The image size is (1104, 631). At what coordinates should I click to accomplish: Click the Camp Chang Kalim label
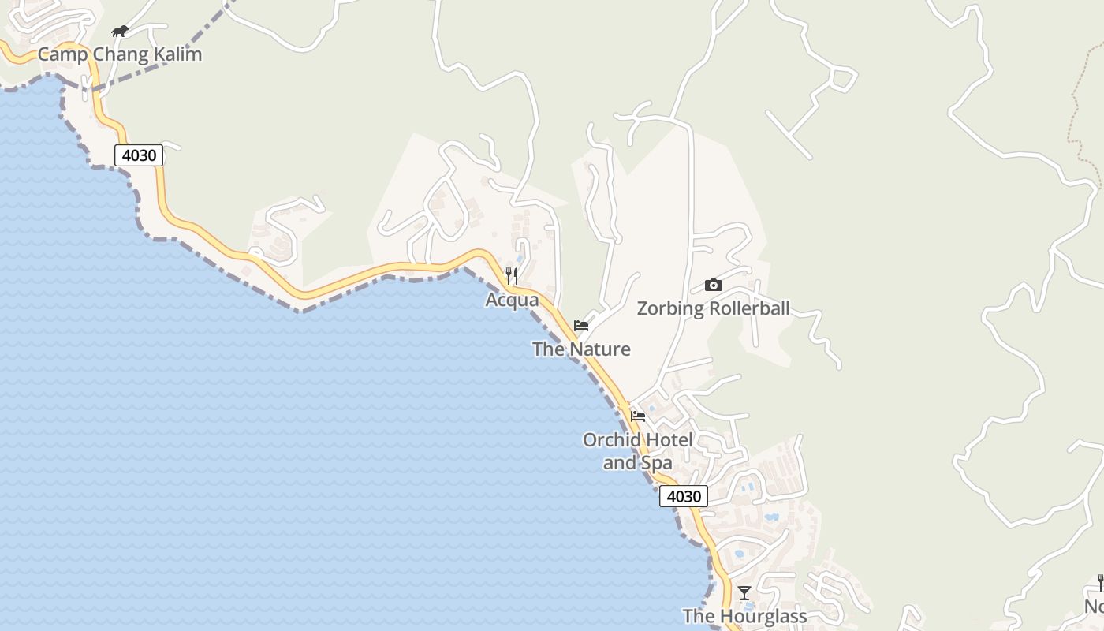tap(120, 54)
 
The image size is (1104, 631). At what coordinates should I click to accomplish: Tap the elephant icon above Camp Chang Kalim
tap(120, 32)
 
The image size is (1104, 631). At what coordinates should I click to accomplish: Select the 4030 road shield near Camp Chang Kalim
tap(139, 155)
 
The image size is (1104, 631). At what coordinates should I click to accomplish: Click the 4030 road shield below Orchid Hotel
tap(684, 496)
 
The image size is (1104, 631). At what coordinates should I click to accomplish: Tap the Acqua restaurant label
tap(512, 300)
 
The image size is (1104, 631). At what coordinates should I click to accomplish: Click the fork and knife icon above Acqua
tap(512, 275)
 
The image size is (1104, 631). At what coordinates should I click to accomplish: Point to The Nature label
tap(581, 349)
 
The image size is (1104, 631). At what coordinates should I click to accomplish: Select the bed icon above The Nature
tap(581, 325)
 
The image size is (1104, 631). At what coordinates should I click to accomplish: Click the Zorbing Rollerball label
tap(713, 308)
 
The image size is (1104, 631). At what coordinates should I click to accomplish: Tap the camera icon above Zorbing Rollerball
tap(713, 285)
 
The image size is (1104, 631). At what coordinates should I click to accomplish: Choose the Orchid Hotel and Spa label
tap(637, 451)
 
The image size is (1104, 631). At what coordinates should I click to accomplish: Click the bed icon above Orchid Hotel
tap(638, 416)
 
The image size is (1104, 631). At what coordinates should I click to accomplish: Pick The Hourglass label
tap(744, 616)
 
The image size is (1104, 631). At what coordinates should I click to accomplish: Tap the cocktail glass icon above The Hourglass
tap(744, 592)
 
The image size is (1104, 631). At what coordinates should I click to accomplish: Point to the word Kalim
tap(177, 54)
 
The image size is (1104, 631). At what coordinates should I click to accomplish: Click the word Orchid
tap(610, 440)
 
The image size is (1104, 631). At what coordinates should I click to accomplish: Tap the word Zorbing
tap(670, 308)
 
